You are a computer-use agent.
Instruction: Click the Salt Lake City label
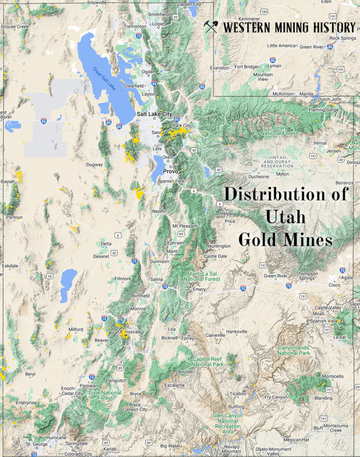click(x=154, y=114)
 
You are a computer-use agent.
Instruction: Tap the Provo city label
click(x=171, y=171)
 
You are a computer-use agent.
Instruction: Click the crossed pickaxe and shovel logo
click(x=210, y=27)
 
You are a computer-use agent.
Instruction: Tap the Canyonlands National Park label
click(x=294, y=350)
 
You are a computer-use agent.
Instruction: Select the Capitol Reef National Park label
click(x=208, y=361)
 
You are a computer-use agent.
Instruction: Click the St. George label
click(x=36, y=444)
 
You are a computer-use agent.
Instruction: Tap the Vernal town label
click(x=320, y=143)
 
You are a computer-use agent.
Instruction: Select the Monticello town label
click(x=332, y=376)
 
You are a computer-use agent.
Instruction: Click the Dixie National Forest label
click(x=105, y=395)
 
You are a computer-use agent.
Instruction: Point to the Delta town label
click(x=106, y=244)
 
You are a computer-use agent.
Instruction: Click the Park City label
click(x=182, y=126)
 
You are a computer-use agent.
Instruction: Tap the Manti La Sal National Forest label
click(x=201, y=276)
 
